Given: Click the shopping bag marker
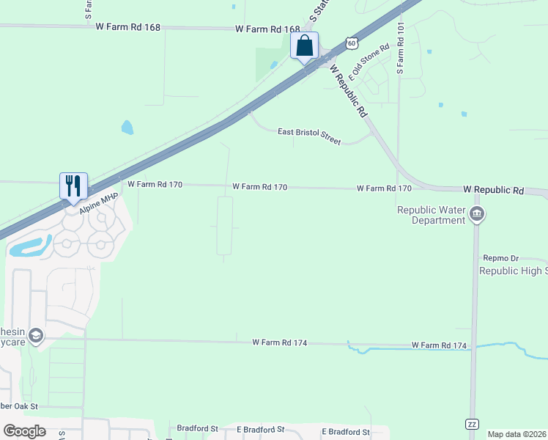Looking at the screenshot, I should (304, 46).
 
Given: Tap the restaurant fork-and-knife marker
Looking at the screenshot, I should (73, 185).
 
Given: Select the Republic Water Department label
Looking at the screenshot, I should (432, 215).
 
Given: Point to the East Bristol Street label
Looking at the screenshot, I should (309, 136).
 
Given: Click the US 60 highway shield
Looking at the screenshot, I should (352, 43).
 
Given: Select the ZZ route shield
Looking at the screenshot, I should (473, 424).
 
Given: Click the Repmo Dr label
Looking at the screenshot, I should (500, 258).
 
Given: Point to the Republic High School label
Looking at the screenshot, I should (513, 271).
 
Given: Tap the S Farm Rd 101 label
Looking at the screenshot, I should (400, 48).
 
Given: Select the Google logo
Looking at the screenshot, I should (24, 430).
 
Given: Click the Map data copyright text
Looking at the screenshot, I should (516, 434).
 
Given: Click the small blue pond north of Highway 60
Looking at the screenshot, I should (127, 128).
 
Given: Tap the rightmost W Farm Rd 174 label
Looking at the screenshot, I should (439, 345).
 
